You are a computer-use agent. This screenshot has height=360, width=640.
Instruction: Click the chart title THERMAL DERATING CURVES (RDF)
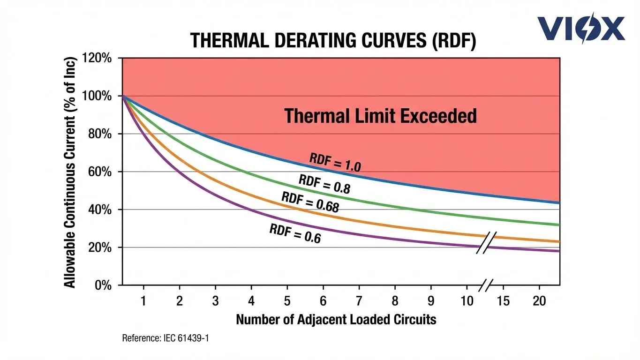333,42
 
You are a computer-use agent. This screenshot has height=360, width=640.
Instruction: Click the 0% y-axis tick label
103,285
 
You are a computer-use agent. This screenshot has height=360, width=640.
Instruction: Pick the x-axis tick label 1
143,301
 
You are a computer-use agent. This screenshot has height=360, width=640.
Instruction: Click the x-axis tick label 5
287,301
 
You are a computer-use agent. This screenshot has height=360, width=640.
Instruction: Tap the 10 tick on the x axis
467,301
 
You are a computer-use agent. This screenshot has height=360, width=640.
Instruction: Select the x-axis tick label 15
503,301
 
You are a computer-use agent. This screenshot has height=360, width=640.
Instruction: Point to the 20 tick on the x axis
539,301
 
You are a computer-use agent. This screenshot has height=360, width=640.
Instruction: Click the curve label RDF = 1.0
335,163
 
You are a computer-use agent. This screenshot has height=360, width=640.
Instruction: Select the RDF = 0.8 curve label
324,184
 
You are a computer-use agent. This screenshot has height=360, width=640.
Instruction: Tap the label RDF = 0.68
310,202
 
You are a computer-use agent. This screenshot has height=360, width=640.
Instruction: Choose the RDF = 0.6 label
295,233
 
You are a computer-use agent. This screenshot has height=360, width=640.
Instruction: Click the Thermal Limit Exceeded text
380,115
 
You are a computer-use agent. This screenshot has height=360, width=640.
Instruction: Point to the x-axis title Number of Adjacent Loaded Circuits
336,320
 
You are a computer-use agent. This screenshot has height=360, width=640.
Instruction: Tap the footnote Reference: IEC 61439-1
165,338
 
